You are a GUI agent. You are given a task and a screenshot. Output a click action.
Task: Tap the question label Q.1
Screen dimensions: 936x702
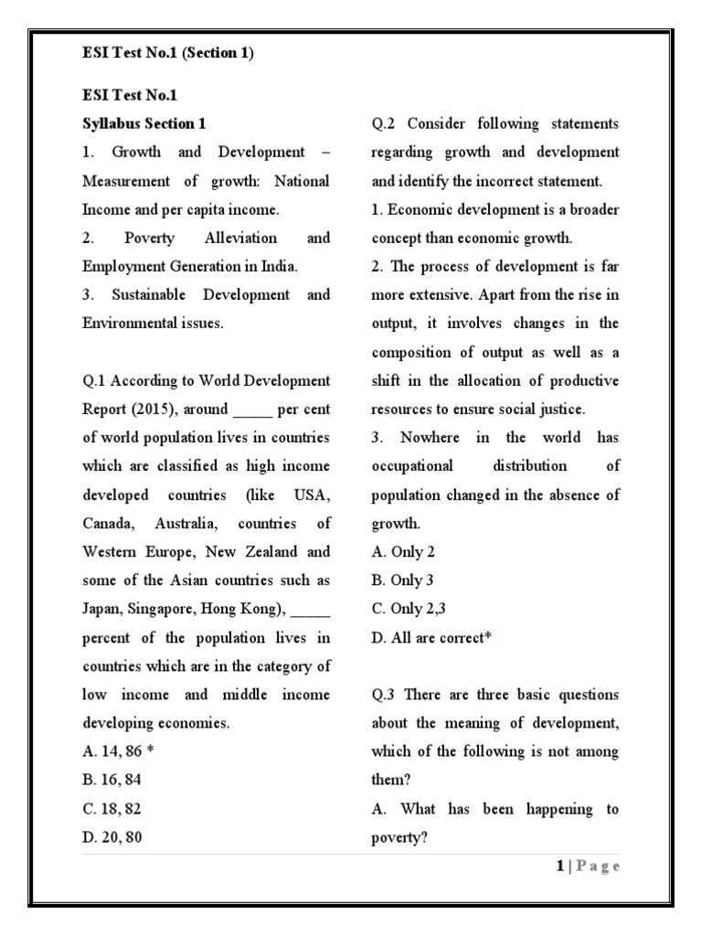[x=95, y=380]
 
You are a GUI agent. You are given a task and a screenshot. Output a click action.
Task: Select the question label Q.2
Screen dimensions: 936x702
[x=385, y=123]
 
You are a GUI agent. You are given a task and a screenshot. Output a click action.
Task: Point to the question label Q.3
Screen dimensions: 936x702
[x=385, y=695]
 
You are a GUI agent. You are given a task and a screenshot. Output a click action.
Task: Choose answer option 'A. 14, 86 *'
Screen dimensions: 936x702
[x=116, y=751]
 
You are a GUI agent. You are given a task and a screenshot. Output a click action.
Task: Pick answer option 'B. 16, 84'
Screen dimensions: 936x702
[x=112, y=780]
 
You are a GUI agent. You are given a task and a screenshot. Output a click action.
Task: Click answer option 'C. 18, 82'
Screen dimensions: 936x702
[x=112, y=808]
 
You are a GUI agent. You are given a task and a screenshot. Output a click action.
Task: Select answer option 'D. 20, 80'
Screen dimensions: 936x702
[x=112, y=836]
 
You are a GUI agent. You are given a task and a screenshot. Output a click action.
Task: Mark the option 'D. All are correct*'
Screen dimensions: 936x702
[x=431, y=637]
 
